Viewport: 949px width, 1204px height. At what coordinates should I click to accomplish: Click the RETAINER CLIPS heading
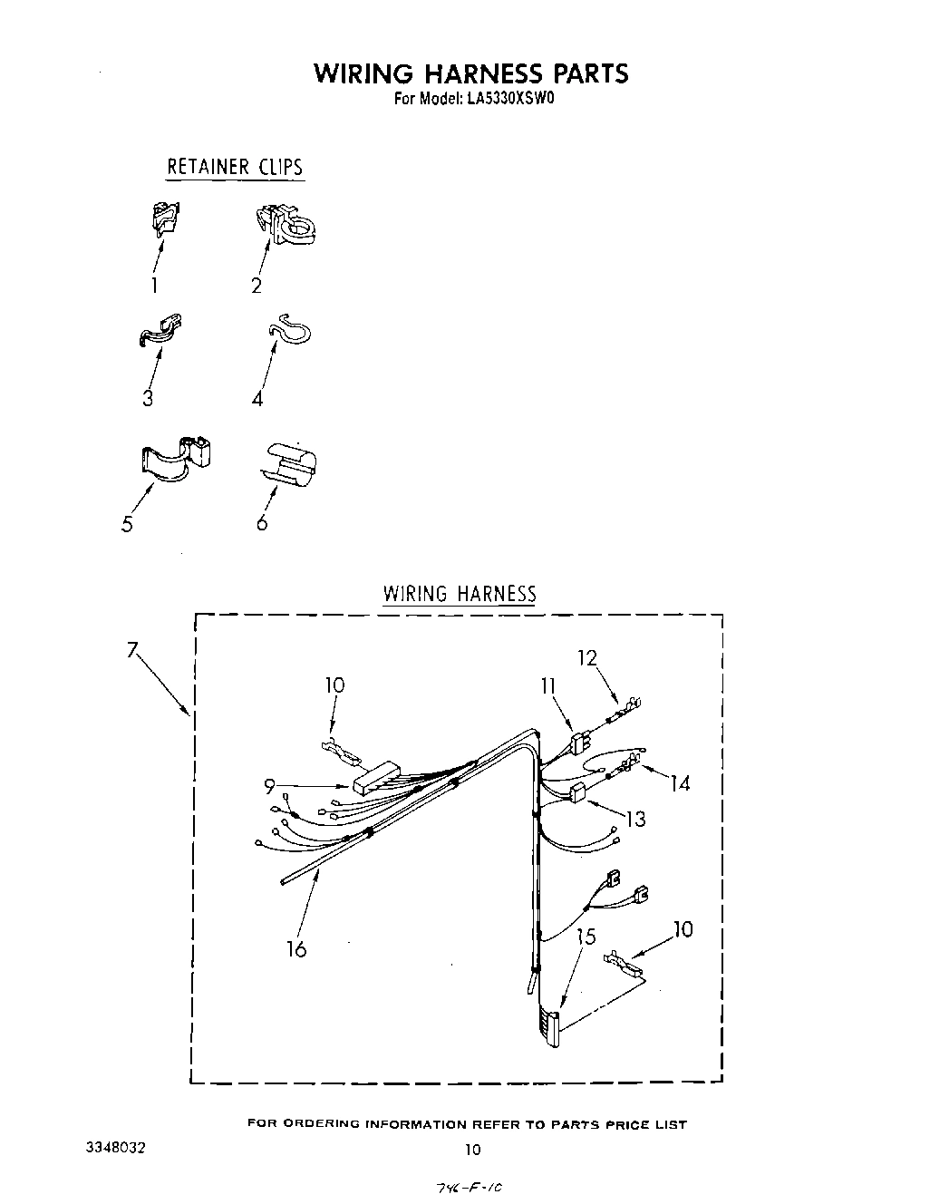(235, 168)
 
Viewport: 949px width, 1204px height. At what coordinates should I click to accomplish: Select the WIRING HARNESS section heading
(460, 594)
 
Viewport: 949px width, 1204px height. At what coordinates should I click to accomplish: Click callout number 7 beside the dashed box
(132, 649)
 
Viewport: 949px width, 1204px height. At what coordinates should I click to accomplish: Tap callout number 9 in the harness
(269, 787)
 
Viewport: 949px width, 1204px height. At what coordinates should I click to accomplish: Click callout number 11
(547, 686)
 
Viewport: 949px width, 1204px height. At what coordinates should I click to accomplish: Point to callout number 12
(588, 657)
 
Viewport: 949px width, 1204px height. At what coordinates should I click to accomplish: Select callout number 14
(680, 783)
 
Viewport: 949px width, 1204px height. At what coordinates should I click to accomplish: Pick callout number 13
(636, 820)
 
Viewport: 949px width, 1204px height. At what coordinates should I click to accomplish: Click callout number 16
(296, 948)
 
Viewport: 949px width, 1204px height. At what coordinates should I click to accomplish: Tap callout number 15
(586, 937)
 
